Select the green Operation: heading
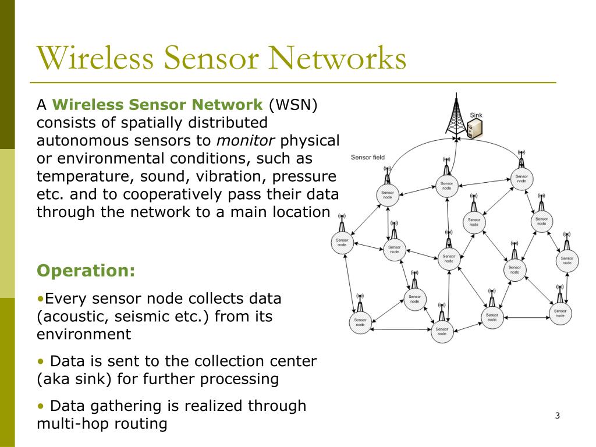pyautogui.click(x=86, y=271)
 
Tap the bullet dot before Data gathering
pyautogui.click(x=40, y=406)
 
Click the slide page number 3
pyautogui.click(x=557, y=416)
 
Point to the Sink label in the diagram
pyautogui.click(x=476, y=116)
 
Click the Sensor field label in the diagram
pyautogui.click(x=367, y=157)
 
